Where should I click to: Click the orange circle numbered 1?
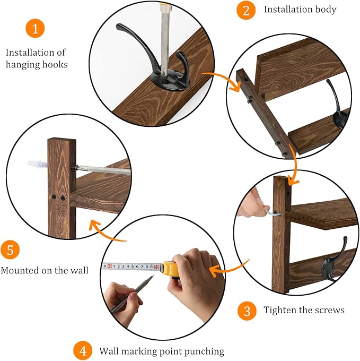[35, 29]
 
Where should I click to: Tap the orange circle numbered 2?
[246, 10]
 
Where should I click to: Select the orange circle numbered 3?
[247, 310]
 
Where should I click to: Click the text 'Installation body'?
[300, 10]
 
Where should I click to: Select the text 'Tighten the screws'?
[304, 310]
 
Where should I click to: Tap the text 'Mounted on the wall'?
[45, 270]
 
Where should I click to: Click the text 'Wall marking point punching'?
[162, 351]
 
